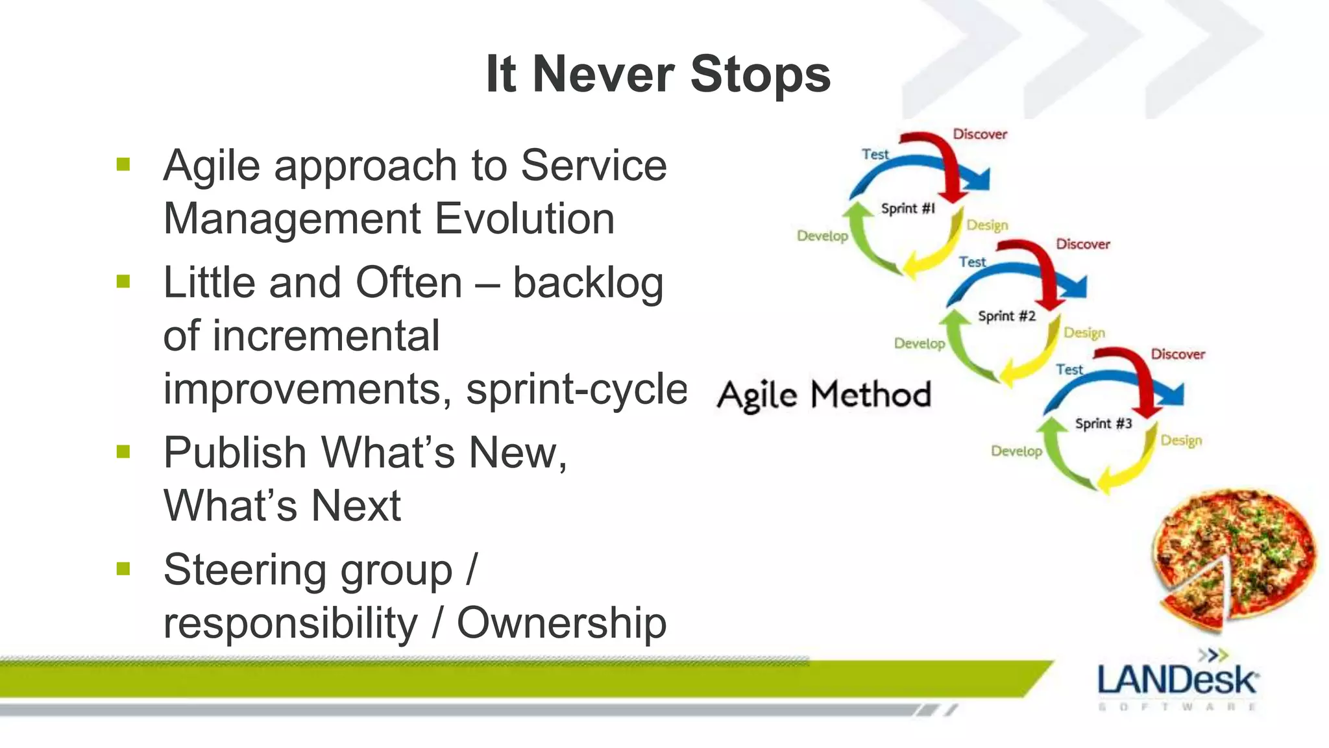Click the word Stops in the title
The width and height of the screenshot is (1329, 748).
point(760,75)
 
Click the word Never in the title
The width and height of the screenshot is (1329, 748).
point(603,75)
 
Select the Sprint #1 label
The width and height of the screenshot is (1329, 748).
point(908,208)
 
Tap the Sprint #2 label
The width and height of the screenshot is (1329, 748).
point(1006,316)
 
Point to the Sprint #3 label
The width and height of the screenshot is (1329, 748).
point(1103,424)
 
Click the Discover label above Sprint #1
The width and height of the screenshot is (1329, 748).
point(979,134)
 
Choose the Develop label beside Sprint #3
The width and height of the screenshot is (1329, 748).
point(1016,451)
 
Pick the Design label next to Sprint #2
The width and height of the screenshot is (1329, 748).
point(1084,332)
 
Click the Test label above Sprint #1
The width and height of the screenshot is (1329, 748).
point(875,155)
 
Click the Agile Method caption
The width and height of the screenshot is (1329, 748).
point(823,395)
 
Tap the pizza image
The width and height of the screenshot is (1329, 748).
point(1233,558)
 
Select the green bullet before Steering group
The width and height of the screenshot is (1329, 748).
point(123,569)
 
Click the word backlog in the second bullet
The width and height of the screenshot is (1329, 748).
point(588,284)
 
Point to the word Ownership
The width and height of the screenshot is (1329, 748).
point(561,623)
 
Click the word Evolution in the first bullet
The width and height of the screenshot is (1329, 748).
point(524,219)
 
